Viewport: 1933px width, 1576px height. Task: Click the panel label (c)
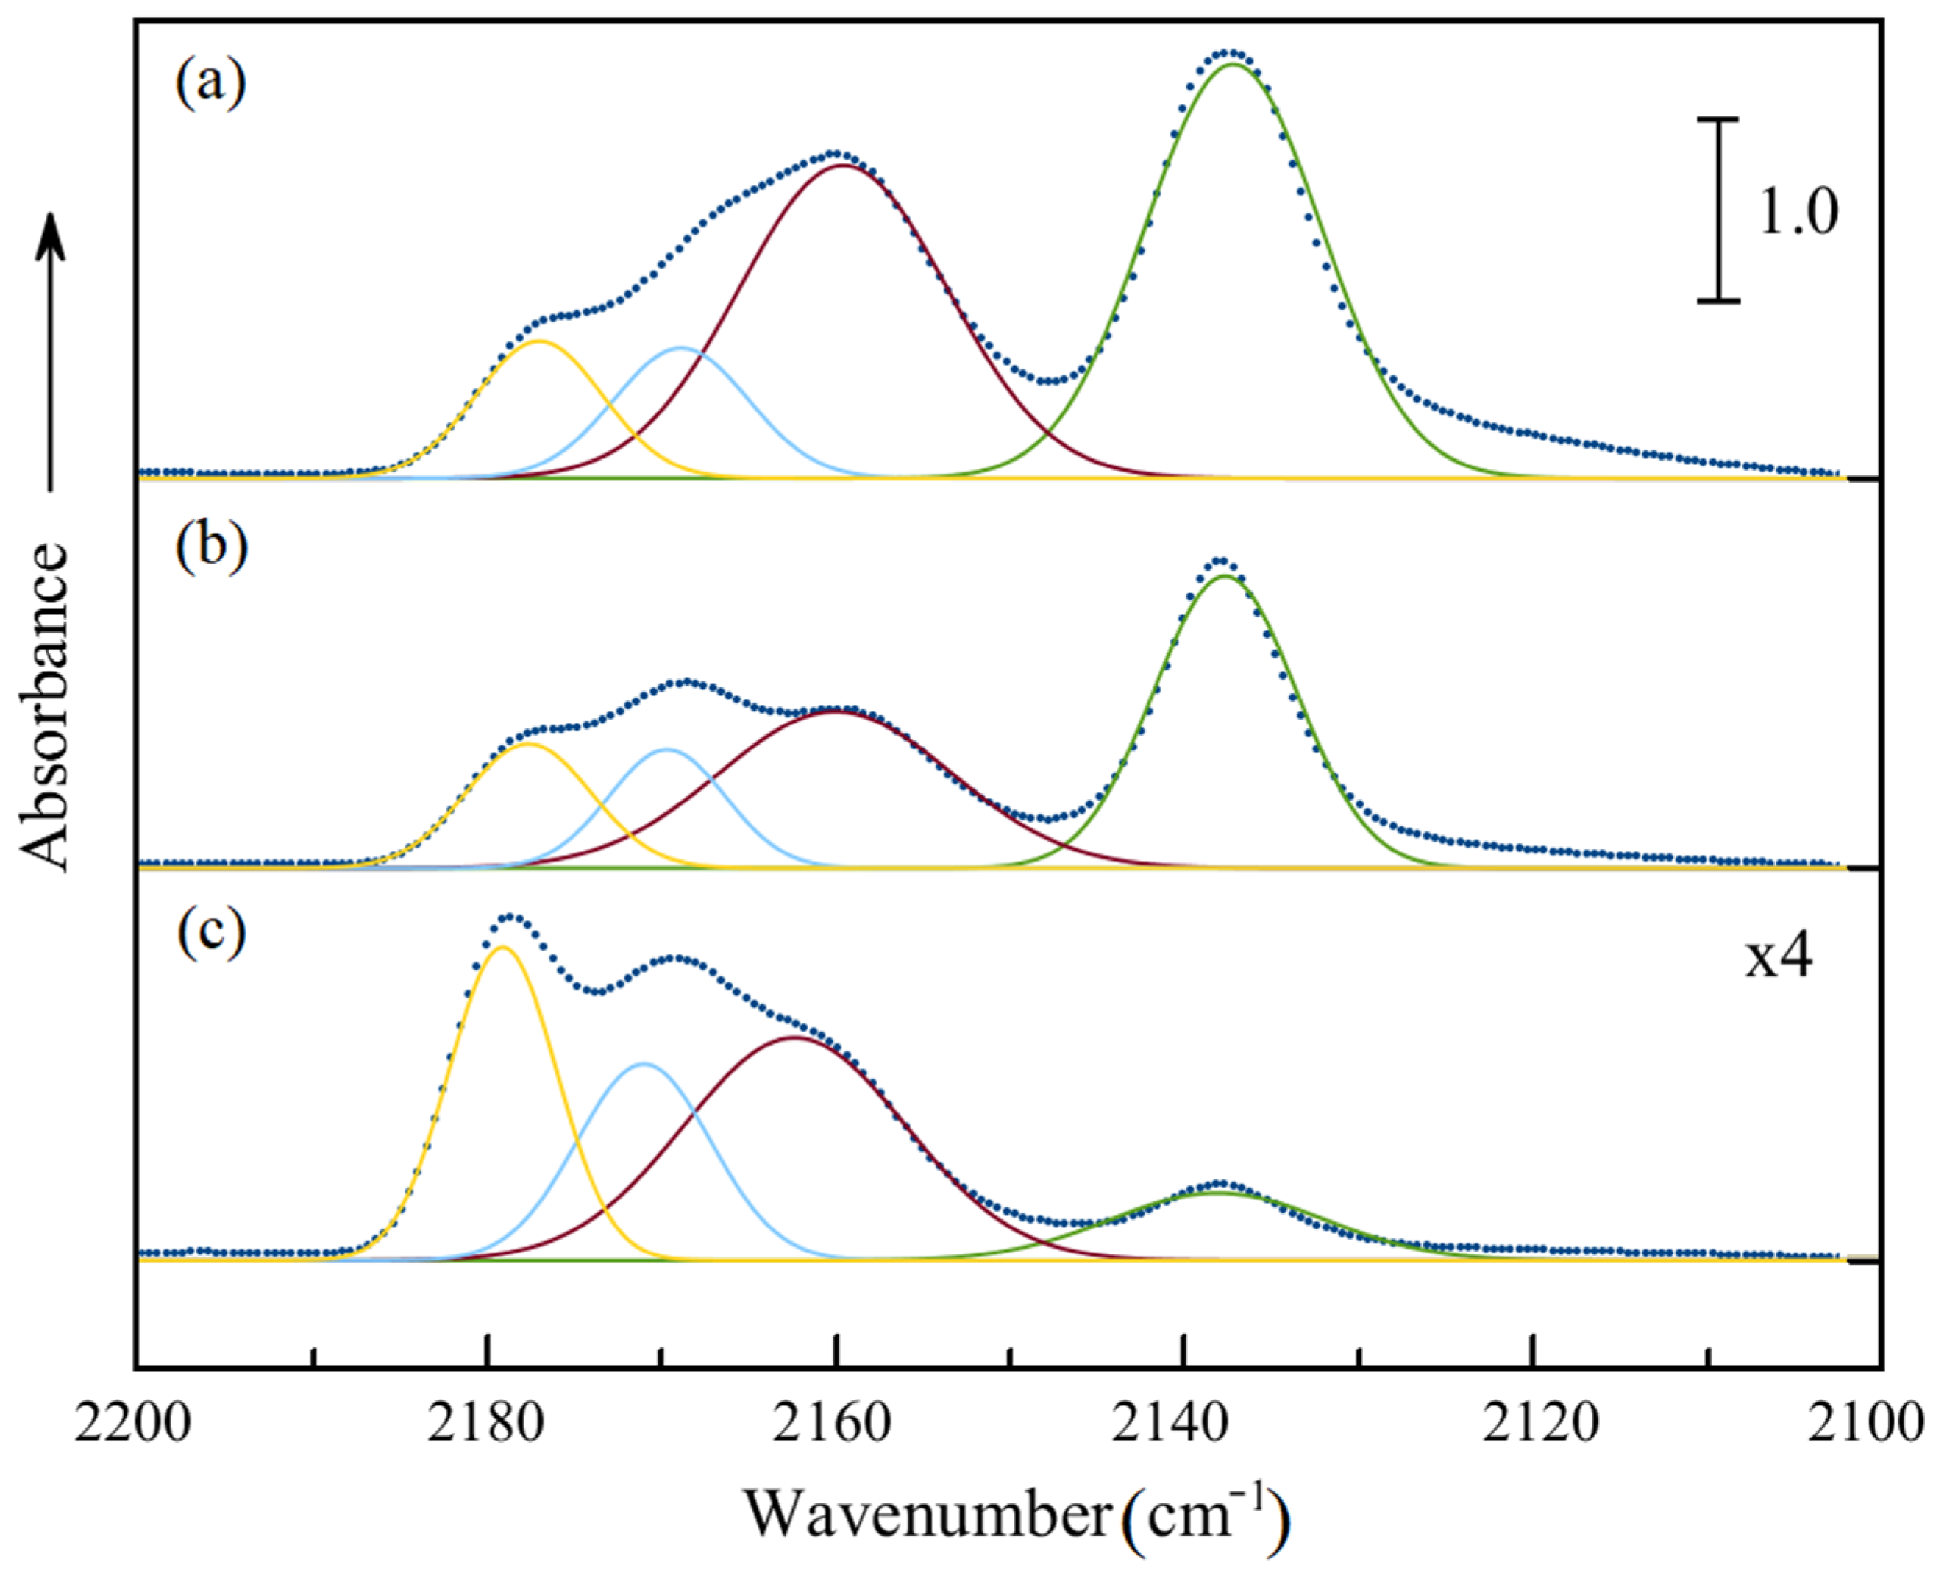point(210,935)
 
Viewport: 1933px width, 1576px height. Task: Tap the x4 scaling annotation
point(1779,958)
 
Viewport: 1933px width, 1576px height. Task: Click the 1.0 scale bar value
point(1798,213)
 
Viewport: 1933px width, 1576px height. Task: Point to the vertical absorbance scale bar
point(1719,222)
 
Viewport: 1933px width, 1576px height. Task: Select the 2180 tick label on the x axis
point(486,1424)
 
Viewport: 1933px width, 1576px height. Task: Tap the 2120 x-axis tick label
point(1533,1424)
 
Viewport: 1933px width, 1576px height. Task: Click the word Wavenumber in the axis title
point(928,1514)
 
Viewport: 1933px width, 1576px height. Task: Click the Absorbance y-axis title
point(46,708)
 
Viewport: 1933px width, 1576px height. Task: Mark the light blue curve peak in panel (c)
point(644,1063)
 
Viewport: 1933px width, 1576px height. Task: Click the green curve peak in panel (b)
point(1223,575)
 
